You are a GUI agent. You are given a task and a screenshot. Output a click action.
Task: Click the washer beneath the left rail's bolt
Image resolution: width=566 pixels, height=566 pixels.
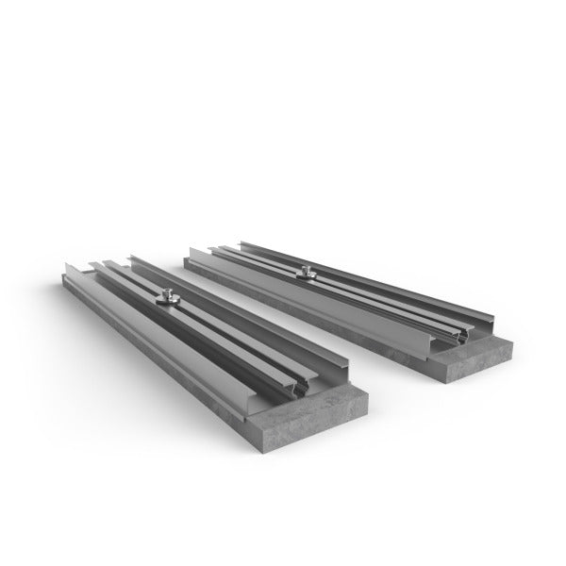click(x=167, y=303)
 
